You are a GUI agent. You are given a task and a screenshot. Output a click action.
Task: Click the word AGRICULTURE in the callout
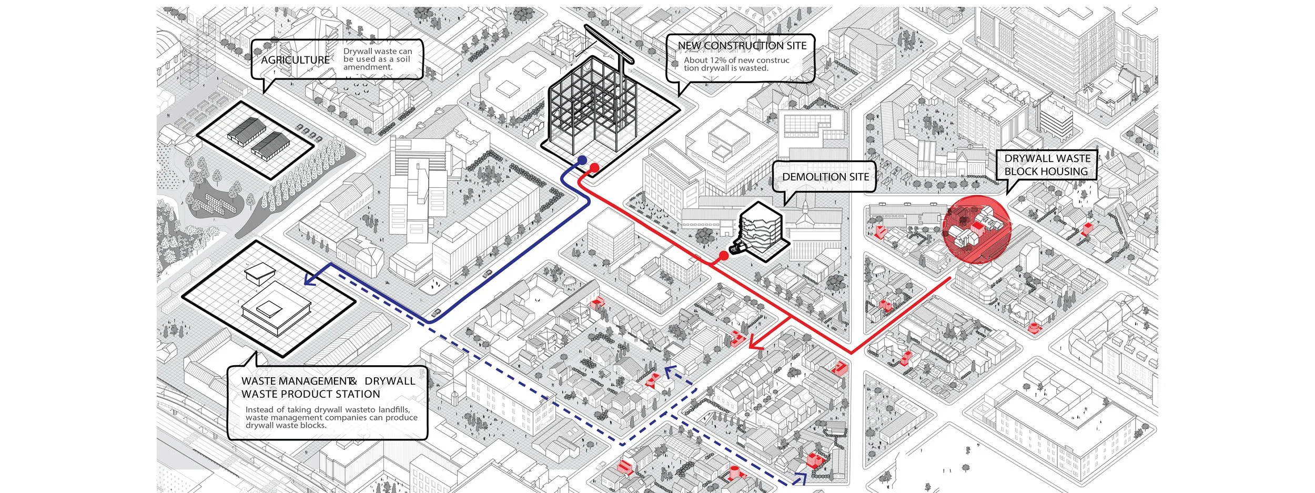[295, 60]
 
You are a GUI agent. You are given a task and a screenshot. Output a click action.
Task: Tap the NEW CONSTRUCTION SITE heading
[742, 46]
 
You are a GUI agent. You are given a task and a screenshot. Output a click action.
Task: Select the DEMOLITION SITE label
[825, 177]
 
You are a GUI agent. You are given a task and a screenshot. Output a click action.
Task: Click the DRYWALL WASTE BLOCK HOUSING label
[1046, 165]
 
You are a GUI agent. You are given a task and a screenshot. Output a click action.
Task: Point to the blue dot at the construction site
[582, 160]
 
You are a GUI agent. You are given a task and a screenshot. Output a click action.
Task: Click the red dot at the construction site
[594, 168]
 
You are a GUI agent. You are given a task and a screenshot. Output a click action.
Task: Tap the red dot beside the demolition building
[723, 256]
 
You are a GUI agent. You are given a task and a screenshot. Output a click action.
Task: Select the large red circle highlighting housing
[976, 229]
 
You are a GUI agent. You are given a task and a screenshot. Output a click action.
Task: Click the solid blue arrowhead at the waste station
[311, 278]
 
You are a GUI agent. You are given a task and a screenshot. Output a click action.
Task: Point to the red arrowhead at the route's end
[755, 344]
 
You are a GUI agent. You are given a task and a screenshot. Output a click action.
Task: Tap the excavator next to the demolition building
[736, 247]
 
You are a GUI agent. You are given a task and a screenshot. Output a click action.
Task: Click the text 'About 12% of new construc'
[736, 60]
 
